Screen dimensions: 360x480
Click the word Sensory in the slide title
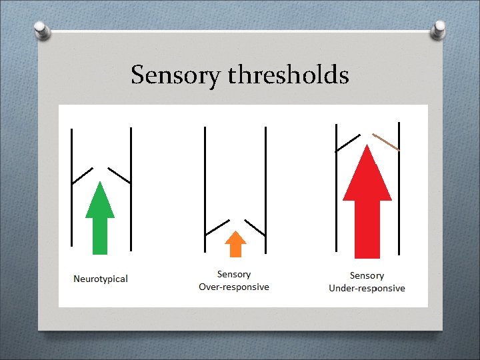pyautogui.click(x=176, y=75)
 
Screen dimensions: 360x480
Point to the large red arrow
pyautogui.click(x=367, y=200)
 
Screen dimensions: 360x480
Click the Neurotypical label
pyautogui.click(x=101, y=279)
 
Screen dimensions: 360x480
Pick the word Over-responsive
pyautogui.click(x=234, y=287)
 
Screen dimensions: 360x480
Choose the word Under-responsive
pyautogui.click(x=367, y=288)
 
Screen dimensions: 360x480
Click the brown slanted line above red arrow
pyautogui.click(x=386, y=141)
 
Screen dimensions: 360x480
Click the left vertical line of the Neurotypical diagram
pyautogui.click(x=72, y=187)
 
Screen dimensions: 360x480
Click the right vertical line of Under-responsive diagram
pyautogui.click(x=399, y=187)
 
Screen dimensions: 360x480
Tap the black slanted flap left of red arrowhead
pyautogui.click(x=347, y=141)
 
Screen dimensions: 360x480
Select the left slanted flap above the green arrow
pyautogui.click(x=82, y=175)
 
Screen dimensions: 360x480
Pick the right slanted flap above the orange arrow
pyautogui.click(x=255, y=227)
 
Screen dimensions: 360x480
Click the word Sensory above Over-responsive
pyautogui.click(x=234, y=274)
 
